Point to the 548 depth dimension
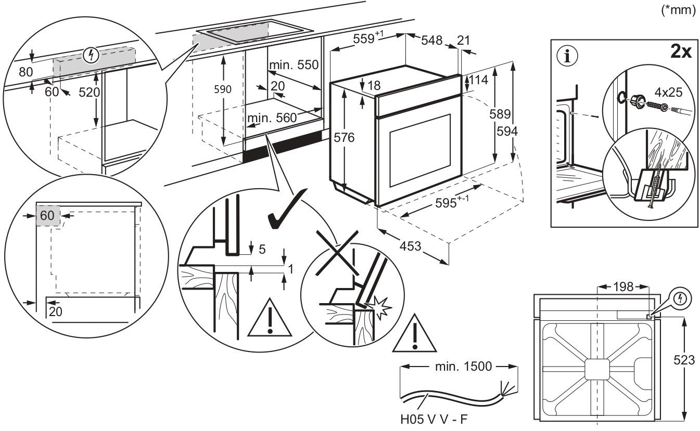tap(431, 40)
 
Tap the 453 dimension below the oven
tap(411, 245)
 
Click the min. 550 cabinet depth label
tap(293, 65)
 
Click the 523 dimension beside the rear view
tap(684, 360)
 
